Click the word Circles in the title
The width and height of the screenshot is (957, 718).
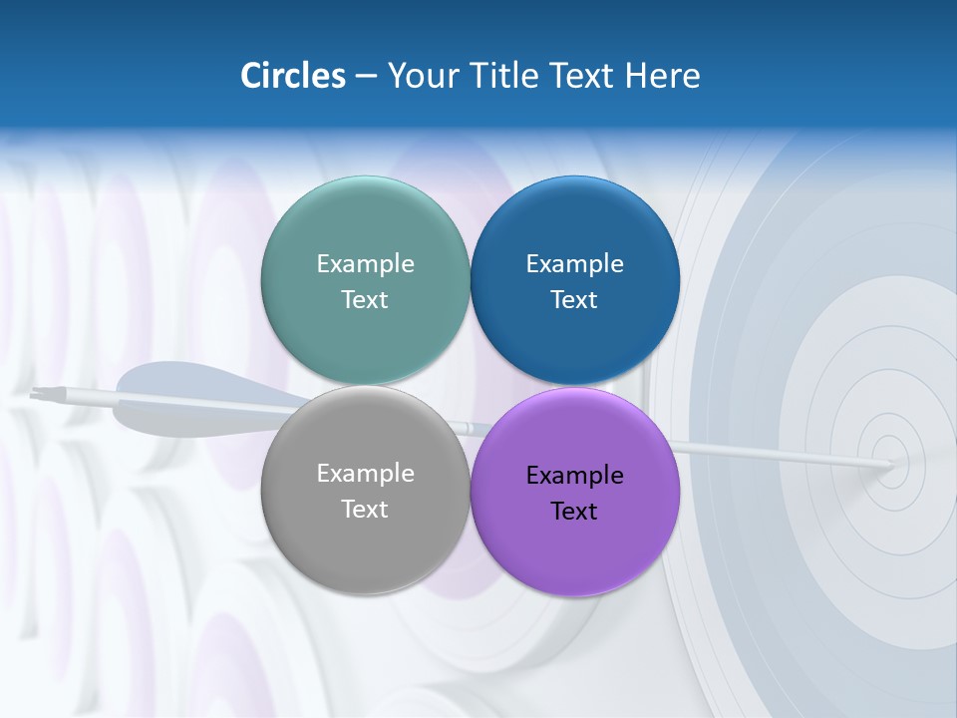tap(293, 76)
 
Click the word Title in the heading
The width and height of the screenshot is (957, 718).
tap(512, 76)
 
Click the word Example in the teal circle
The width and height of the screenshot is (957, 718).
tap(365, 264)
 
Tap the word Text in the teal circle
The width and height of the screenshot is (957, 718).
tap(365, 300)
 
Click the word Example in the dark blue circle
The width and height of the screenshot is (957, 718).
tap(574, 264)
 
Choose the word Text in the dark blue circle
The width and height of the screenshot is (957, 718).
tap(574, 300)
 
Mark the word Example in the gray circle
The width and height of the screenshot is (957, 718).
tap(365, 474)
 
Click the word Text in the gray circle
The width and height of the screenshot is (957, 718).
tap(365, 510)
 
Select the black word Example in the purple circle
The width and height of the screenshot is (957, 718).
tap(574, 476)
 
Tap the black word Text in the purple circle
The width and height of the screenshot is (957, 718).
tap(574, 512)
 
